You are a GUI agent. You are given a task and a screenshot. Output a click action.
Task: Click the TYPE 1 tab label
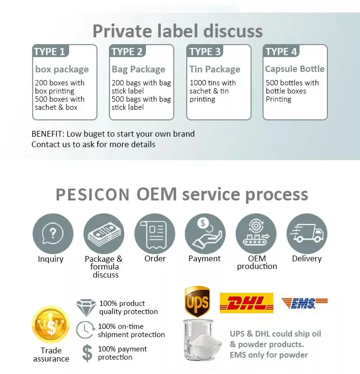pyautogui.click(x=49, y=52)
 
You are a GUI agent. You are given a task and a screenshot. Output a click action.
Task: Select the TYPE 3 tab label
pyautogui.click(x=205, y=52)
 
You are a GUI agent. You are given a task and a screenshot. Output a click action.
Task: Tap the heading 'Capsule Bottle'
pyautogui.click(x=295, y=69)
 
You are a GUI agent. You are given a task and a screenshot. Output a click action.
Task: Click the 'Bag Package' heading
pyautogui.click(x=138, y=70)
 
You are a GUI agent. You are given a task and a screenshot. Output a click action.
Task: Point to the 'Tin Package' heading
pyautogui.click(x=215, y=70)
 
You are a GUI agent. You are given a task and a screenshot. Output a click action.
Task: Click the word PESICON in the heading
pyautogui.click(x=93, y=195)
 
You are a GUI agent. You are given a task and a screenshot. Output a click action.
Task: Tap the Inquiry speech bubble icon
pyautogui.click(x=53, y=234)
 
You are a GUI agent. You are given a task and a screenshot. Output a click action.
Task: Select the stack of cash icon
pyautogui.click(x=104, y=234)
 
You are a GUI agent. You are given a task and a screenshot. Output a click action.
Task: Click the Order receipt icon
pyautogui.click(x=155, y=234)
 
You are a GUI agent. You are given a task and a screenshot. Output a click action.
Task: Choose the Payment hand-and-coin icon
pyautogui.click(x=205, y=234)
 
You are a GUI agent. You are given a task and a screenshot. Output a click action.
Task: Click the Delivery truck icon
pyautogui.click(x=307, y=234)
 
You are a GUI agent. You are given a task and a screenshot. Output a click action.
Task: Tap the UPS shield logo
pyautogui.click(x=197, y=302)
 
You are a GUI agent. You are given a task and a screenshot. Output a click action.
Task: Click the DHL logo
pyautogui.click(x=246, y=303)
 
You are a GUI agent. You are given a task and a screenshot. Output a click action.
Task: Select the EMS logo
pyautogui.click(x=304, y=303)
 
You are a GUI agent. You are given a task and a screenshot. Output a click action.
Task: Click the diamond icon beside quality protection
pyautogui.click(x=86, y=307)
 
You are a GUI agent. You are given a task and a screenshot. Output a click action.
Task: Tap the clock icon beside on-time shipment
pyautogui.click(x=85, y=330)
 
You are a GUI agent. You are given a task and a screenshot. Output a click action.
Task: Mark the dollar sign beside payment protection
pyautogui.click(x=87, y=352)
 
